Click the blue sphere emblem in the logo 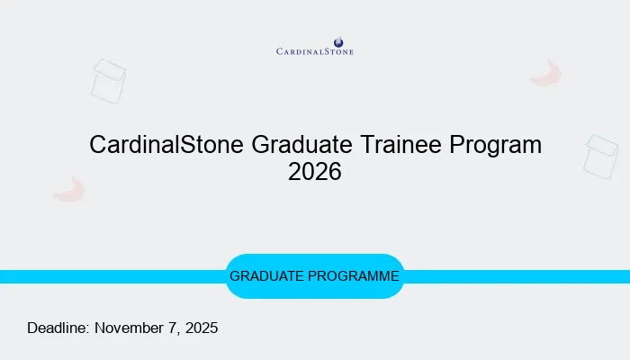tap(338, 41)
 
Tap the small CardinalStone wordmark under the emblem tap(315, 52)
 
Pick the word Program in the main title tap(498, 144)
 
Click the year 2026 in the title tap(315, 171)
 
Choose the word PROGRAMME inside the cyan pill tap(356, 276)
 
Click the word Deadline tap(58, 328)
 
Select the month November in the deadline tap(132, 328)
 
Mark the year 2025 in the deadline tap(201, 328)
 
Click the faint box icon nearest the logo tap(108, 80)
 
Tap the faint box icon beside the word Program tap(600, 156)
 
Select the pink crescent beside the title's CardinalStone tap(69, 189)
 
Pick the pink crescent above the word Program tap(546, 74)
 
